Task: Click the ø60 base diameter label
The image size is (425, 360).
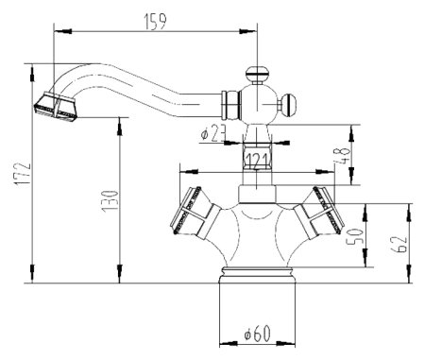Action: (x=256, y=334)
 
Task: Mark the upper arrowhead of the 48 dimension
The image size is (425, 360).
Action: (x=352, y=128)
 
